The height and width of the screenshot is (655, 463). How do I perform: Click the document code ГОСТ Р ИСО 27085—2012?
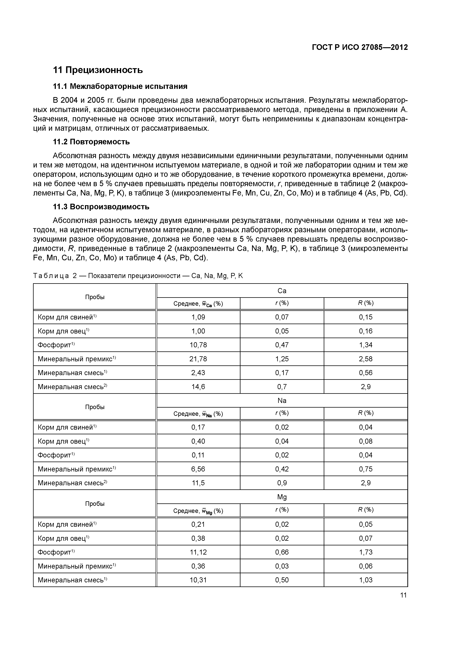(x=360, y=47)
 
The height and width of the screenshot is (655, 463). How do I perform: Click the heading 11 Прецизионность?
(x=98, y=70)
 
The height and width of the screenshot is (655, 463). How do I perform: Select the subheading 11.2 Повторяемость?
(x=91, y=142)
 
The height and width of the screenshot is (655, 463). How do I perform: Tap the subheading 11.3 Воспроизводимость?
(x=101, y=207)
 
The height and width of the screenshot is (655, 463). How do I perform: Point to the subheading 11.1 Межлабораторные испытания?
(x=120, y=86)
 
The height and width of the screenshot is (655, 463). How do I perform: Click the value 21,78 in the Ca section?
(x=198, y=359)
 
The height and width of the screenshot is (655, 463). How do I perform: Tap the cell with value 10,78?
(x=198, y=345)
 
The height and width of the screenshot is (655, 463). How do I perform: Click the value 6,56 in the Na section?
(x=198, y=469)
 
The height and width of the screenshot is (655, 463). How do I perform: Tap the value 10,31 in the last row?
(x=198, y=580)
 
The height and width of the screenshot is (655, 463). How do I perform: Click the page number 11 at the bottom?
(x=403, y=595)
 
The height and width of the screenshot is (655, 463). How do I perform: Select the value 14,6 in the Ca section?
(x=198, y=387)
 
